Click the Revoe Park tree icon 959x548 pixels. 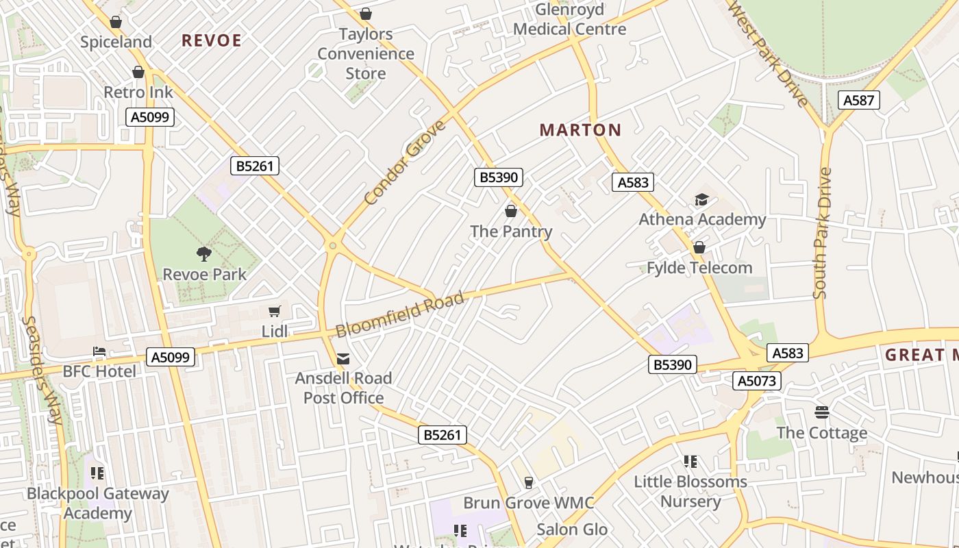click(x=203, y=254)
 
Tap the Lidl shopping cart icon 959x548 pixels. click(x=275, y=312)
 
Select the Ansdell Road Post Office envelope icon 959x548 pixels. click(x=343, y=358)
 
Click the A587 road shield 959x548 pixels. click(x=858, y=101)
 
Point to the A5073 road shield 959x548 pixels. click(x=757, y=381)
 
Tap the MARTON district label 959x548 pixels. click(x=580, y=129)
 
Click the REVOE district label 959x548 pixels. click(x=212, y=40)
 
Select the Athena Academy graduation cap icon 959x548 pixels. click(x=701, y=199)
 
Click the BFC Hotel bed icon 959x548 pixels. click(x=99, y=352)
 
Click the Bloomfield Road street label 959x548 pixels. click(x=401, y=314)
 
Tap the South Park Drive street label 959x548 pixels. click(x=822, y=233)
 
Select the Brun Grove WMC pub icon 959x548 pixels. click(x=528, y=482)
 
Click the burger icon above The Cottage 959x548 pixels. click(x=822, y=412)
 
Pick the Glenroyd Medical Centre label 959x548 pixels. click(x=569, y=19)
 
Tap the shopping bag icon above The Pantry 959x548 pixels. click(x=510, y=211)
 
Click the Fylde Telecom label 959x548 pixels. click(x=699, y=268)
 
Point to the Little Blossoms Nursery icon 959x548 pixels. click(x=690, y=462)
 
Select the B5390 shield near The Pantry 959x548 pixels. click(x=499, y=177)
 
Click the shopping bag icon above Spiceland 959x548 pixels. click(x=116, y=22)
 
